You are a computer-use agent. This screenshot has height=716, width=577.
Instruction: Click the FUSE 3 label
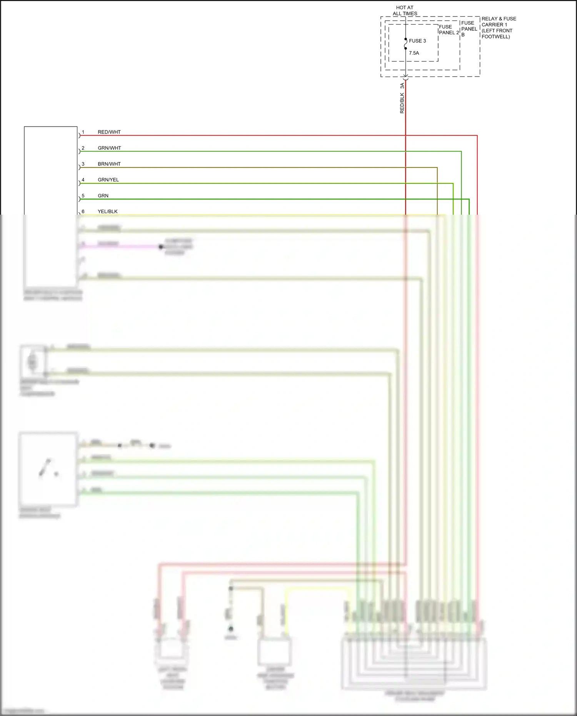coord(417,41)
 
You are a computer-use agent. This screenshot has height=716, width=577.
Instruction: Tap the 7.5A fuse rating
coord(414,53)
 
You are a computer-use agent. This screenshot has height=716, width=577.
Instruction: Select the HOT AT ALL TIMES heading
coord(405,10)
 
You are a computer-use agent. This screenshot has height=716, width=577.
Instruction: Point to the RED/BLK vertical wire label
coord(402,103)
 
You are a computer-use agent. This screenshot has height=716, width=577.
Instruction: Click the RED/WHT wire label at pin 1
coord(109,132)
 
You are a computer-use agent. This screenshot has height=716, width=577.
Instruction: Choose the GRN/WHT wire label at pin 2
coord(109,148)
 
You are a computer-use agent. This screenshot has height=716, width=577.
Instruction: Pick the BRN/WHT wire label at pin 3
coord(109,164)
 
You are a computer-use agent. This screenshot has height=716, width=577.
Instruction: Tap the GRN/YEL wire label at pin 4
coord(108,180)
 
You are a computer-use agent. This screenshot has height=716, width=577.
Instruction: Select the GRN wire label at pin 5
coord(103,196)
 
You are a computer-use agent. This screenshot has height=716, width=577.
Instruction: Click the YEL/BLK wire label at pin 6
coord(108,212)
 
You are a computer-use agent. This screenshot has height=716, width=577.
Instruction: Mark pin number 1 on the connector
coord(83,132)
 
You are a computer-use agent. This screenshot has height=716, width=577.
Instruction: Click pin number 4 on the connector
coord(83,180)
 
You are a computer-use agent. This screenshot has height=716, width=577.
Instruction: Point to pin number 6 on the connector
coord(83,212)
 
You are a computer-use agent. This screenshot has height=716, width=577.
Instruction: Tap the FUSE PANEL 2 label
coord(449,30)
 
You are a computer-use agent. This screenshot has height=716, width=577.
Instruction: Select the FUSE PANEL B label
coord(469,29)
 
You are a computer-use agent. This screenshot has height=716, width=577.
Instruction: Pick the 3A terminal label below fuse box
coord(402,86)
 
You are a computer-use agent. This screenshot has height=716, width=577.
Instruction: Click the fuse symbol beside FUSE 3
coord(405,44)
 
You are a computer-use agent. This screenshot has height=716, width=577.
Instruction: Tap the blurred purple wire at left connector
coord(119,247)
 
